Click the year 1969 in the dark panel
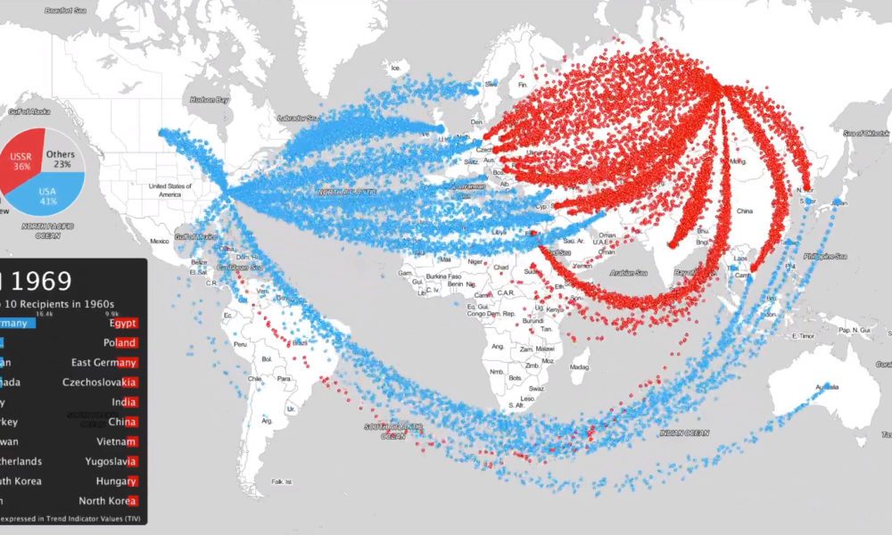click(42, 282)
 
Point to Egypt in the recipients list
click(120, 323)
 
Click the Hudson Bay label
click(210, 99)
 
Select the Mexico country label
click(159, 242)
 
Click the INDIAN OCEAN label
click(684, 432)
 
